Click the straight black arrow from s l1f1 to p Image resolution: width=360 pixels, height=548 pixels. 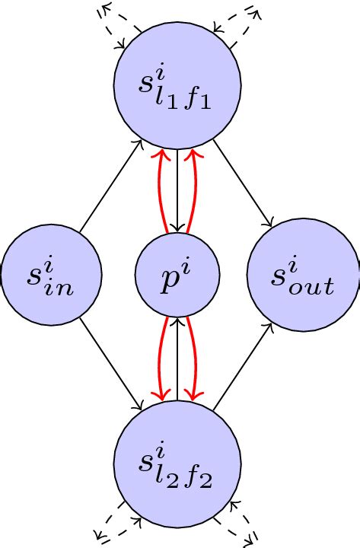pyautogui.click(x=177, y=190)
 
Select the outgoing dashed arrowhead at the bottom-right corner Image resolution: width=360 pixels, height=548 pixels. pyautogui.click(x=251, y=541)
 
